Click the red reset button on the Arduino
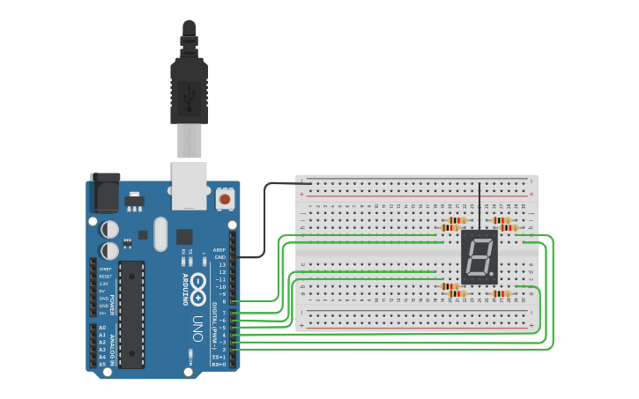coord(225,199)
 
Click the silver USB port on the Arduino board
coord(189,185)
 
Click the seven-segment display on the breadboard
coord(479,256)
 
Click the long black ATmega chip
coord(131,314)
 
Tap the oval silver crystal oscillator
coord(160,234)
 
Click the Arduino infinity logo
coord(197,287)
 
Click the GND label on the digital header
coord(219,257)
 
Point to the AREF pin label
coord(219,249)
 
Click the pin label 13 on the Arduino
coord(221,264)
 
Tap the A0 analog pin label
coord(102,328)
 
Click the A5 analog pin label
coord(102,364)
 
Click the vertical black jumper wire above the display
coord(479,207)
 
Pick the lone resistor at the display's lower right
coord(501,293)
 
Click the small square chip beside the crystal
coord(184,236)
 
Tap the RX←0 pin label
coord(218,364)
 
